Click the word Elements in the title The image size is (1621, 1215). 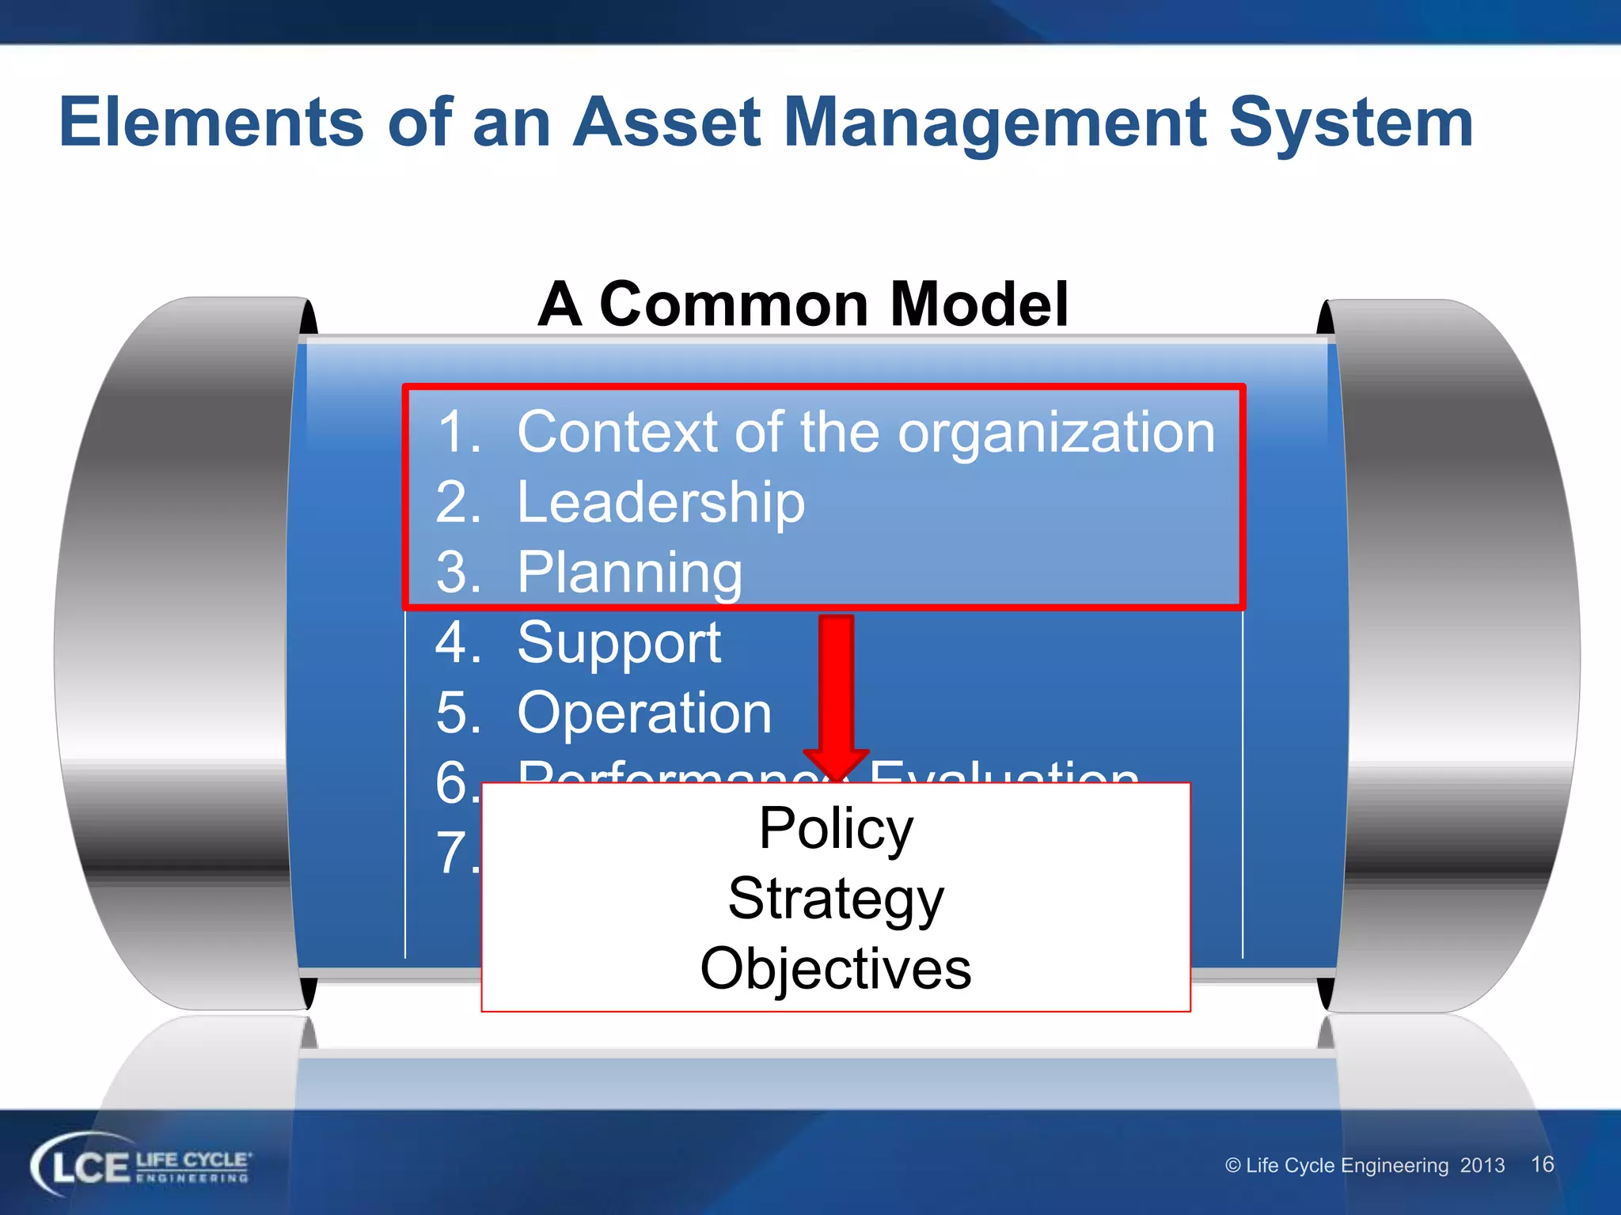211,123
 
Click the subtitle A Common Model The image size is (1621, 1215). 803,305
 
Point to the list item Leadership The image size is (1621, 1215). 660,502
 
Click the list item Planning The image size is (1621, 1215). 629,573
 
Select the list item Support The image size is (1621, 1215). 618,642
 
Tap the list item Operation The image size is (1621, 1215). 643,713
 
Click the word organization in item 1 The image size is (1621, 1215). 1056,433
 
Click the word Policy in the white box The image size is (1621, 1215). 836,828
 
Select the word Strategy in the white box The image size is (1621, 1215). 836,899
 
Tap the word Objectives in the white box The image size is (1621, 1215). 836,969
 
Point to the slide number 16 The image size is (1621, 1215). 1542,1164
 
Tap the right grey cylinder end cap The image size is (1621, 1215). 1456,653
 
